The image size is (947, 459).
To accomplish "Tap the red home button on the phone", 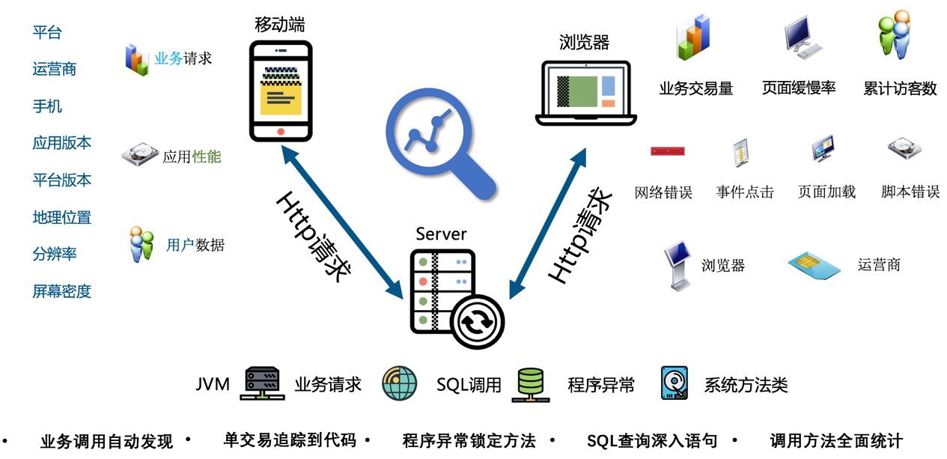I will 281,131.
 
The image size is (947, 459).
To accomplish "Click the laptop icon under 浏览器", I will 586,93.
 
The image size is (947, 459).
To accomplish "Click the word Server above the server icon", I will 441,234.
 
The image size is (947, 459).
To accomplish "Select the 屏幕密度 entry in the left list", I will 62,291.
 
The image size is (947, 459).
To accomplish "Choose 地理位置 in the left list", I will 62,217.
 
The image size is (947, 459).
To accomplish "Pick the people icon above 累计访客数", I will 895,35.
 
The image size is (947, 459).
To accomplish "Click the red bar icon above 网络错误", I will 667,151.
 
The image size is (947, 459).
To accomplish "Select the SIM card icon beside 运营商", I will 814,263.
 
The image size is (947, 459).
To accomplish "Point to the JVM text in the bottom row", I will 213,384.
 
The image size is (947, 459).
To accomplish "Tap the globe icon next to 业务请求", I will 399,384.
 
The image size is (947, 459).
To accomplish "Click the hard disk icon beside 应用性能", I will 140,156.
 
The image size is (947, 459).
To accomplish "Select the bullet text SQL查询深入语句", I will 651,441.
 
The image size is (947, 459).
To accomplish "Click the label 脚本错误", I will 910,192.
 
